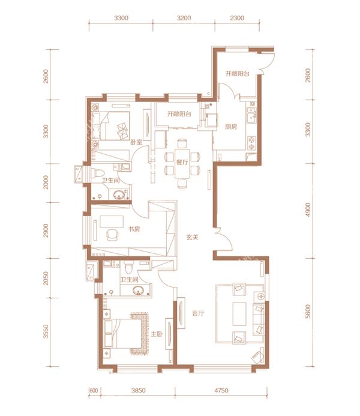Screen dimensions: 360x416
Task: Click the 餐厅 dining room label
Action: pyautogui.click(x=182, y=162)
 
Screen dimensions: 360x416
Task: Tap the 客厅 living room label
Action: pyautogui.click(x=198, y=313)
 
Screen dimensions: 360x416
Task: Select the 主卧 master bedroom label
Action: pyautogui.click(x=157, y=334)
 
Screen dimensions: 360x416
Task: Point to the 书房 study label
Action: pyautogui.click(x=134, y=229)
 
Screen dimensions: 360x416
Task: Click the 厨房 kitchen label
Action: pyautogui.click(x=231, y=127)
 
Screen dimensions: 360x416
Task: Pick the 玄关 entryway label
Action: pyautogui.click(x=193, y=237)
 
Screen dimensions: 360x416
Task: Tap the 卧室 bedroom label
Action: pyautogui.click(x=136, y=142)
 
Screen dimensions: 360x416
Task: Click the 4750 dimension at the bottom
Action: pyautogui.click(x=221, y=391)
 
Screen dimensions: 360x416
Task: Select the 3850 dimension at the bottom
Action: pyautogui.click(x=139, y=391)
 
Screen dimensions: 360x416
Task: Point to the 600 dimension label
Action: pyautogui.click(x=94, y=391)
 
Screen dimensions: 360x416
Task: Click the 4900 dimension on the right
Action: pyautogui.click(x=308, y=210)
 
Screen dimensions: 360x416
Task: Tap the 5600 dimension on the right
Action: pyautogui.click(x=308, y=312)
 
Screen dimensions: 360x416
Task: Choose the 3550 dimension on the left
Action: pyautogui.click(x=46, y=331)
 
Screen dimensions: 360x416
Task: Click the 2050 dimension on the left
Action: pyautogui.click(x=46, y=278)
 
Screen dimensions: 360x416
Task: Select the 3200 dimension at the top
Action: pyautogui.click(x=184, y=18)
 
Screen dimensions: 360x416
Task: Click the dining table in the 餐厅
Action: pyautogui.click(x=182, y=163)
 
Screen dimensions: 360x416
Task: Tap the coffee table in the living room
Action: pyautogui.click(x=239, y=313)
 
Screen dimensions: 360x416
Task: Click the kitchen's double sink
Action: pyautogui.click(x=251, y=115)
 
